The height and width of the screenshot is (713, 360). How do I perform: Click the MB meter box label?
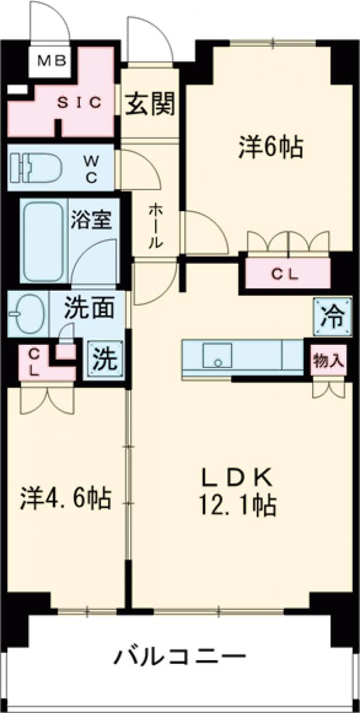click(52, 60)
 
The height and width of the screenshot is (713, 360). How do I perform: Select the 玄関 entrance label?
click(150, 105)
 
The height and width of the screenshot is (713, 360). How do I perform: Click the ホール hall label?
click(154, 226)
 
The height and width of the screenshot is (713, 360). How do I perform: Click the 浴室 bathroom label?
click(91, 220)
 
